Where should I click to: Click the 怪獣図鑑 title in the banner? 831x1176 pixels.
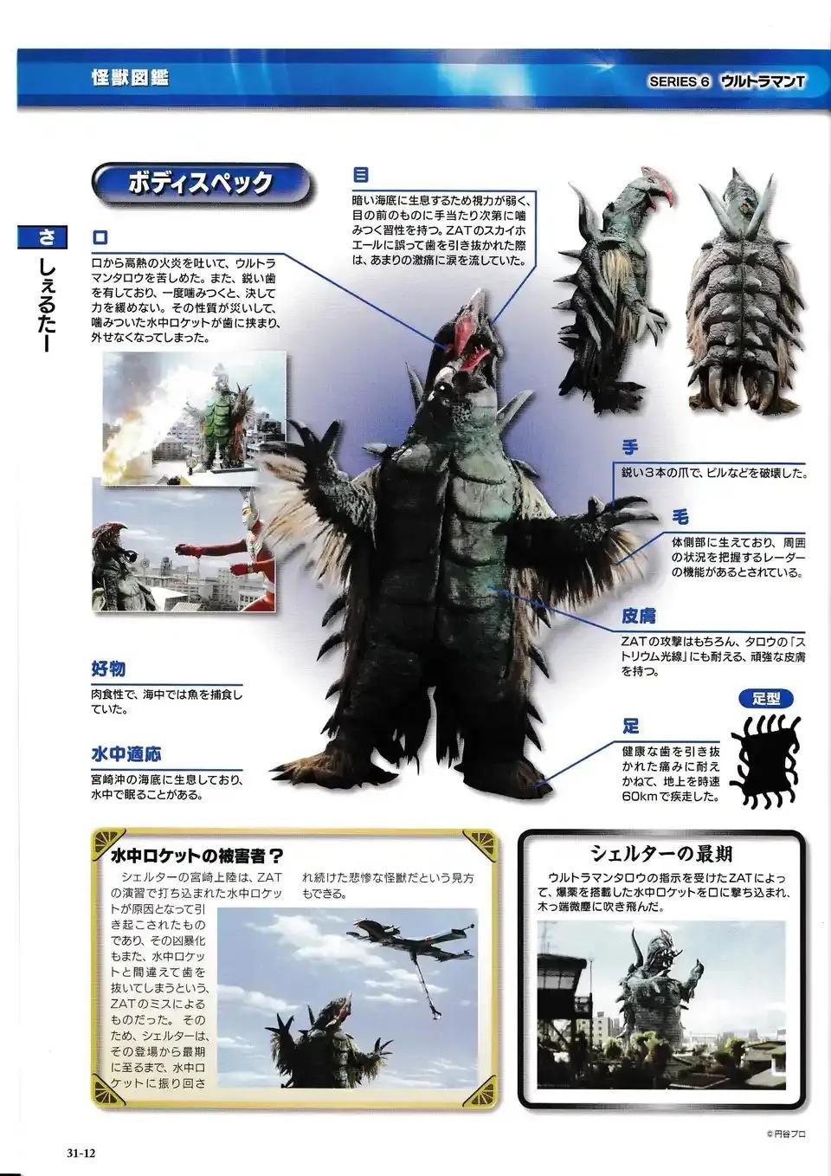click(130, 78)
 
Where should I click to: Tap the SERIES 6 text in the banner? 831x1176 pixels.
click(679, 81)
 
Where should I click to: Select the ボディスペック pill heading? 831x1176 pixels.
click(201, 183)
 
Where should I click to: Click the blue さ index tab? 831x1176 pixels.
click(42, 237)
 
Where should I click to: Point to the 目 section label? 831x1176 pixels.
click(360, 174)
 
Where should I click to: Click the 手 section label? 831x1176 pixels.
click(629, 448)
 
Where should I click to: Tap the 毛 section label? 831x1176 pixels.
click(680, 518)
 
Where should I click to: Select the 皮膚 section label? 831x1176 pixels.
click(639, 616)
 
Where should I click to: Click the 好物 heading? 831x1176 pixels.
click(108, 669)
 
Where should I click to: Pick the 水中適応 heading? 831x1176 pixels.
click(126, 754)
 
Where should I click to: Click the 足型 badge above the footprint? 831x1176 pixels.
click(766, 699)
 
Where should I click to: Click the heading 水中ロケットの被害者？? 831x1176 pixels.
click(197, 856)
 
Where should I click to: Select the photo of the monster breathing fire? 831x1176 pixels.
click(195, 418)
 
